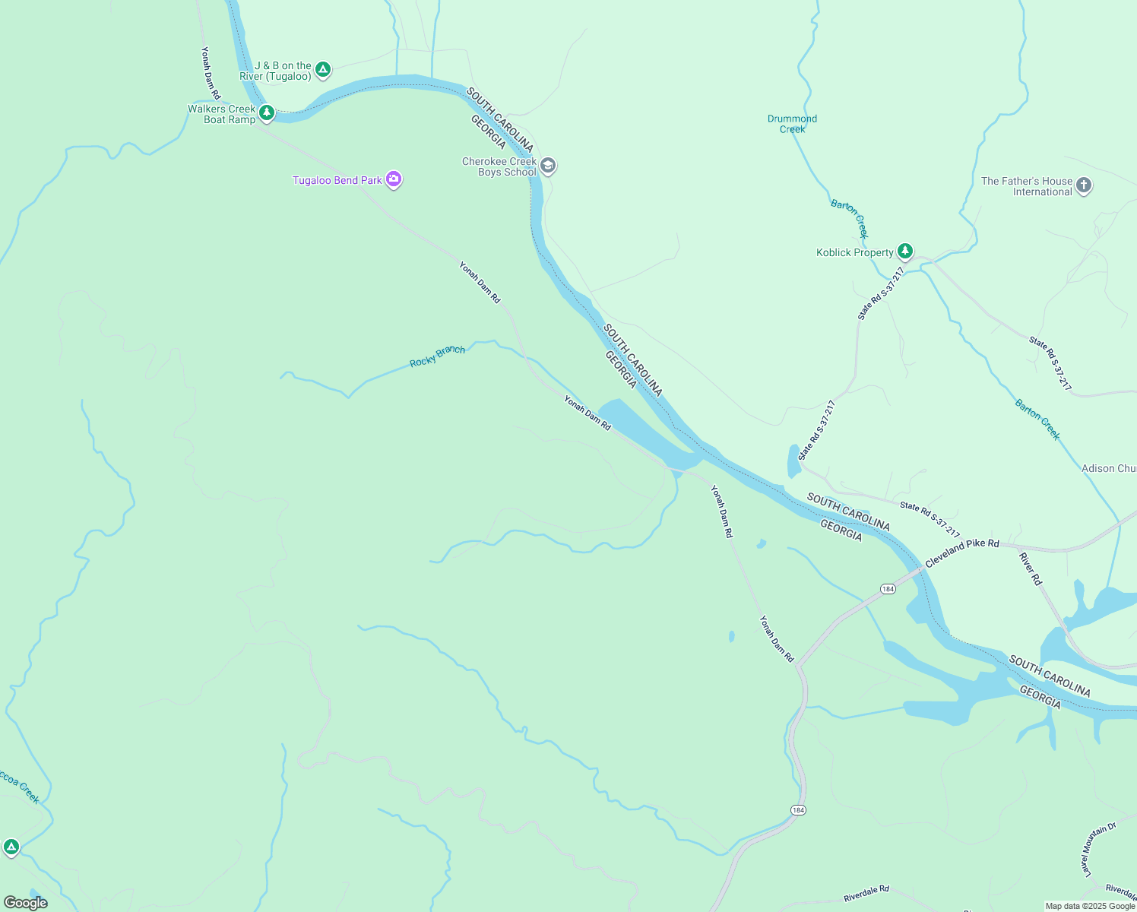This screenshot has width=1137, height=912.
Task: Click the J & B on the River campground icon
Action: pyautogui.click(x=323, y=70)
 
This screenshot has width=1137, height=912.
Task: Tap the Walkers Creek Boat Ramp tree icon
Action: pyautogui.click(x=266, y=113)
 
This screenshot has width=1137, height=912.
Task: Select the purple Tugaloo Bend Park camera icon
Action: pyautogui.click(x=393, y=179)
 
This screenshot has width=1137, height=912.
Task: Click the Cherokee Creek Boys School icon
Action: pyautogui.click(x=548, y=166)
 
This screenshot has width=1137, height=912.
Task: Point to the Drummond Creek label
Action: pyautogui.click(x=792, y=124)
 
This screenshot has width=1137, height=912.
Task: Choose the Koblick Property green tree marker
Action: pyautogui.click(x=904, y=251)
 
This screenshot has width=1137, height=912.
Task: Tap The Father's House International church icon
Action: pyautogui.click(x=1084, y=185)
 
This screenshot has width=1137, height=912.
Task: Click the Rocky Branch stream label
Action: pyautogui.click(x=437, y=356)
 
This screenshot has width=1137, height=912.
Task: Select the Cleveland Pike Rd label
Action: pyautogui.click(x=961, y=553)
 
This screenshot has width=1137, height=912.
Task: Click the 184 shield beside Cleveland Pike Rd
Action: pyautogui.click(x=888, y=589)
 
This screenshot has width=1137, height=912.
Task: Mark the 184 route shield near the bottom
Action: pyautogui.click(x=797, y=810)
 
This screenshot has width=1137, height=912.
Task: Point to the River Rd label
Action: pyautogui.click(x=1031, y=568)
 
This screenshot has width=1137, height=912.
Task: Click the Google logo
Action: pyautogui.click(x=26, y=903)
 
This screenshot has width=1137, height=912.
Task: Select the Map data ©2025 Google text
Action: pyautogui.click(x=1090, y=906)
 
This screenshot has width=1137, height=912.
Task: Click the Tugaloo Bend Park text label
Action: pyautogui.click(x=337, y=181)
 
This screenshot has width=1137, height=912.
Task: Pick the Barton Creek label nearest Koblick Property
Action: pyautogui.click(x=849, y=219)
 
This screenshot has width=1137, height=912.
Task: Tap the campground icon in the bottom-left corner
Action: pyautogui.click(x=11, y=847)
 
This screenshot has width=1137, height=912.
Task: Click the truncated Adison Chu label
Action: pyautogui.click(x=1108, y=469)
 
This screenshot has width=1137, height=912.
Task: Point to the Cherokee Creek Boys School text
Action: pyautogui.click(x=499, y=167)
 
